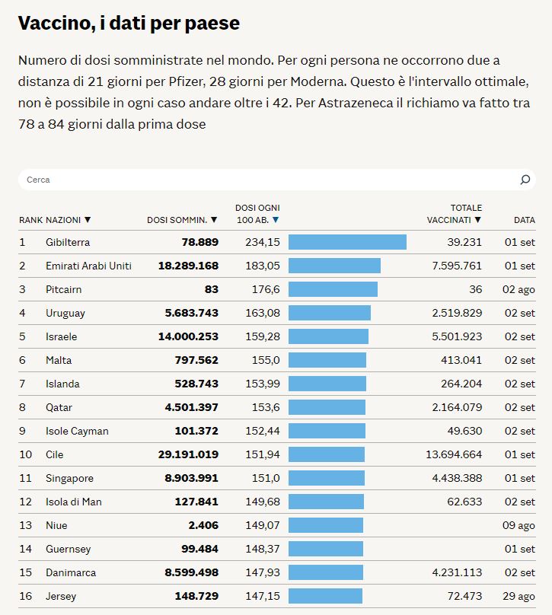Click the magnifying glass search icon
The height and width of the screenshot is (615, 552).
(x=525, y=180)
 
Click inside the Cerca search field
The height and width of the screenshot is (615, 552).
(x=266, y=180)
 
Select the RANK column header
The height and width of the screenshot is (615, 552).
(x=30, y=220)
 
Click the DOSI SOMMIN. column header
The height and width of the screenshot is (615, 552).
(x=182, y=220)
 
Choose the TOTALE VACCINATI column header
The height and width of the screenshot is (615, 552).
(x=455, y=214)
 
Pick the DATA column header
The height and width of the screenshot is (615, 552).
(x=524, y=220)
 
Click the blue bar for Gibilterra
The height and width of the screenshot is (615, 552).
(x=347, y=242)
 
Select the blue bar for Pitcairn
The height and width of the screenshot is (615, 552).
(x=333, y=289)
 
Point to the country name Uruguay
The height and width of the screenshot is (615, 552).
(x=65, y=313)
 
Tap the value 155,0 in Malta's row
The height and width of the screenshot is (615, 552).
(x=265, y=360)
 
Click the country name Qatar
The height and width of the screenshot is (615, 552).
(x=59, y=407)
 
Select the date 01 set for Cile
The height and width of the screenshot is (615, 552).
(x=520, y=454)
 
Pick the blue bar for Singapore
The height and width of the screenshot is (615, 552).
(x=327, y=478)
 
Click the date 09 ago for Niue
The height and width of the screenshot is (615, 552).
(x=519, y=525)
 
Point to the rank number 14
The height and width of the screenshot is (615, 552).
(x=26, y=549)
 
